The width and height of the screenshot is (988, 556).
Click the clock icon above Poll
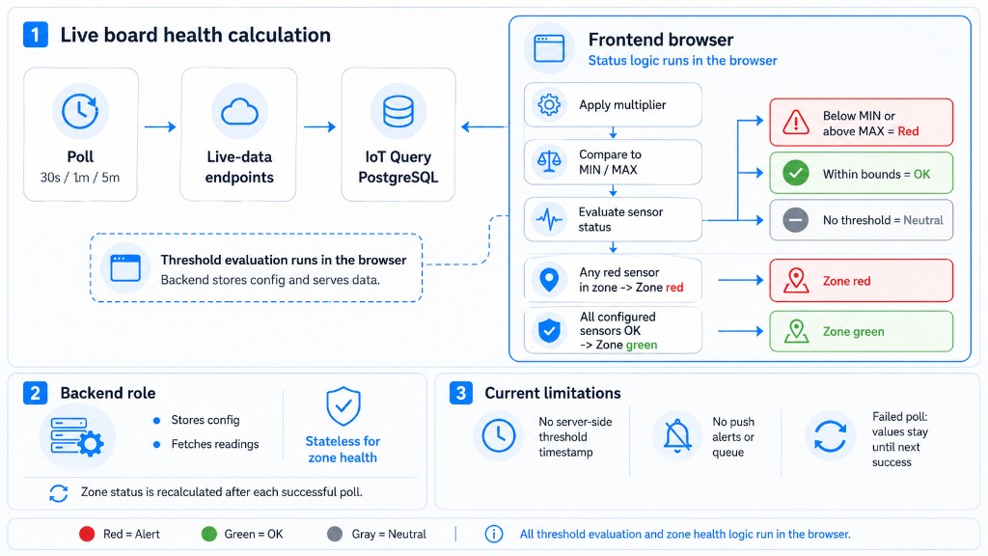[80, 112]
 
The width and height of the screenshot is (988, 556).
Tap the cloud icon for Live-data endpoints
[239, 112]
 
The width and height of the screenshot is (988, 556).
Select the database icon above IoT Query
[398, 112]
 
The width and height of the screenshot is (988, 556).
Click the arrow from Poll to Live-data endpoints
[160, 126]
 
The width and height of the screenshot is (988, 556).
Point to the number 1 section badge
[36, 35]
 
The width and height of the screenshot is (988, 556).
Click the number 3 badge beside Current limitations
[460, 393]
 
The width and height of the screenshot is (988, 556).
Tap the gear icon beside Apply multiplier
[549, 104]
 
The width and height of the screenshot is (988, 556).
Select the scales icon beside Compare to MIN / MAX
[549, 162]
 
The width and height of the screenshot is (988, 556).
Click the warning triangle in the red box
[796, 123]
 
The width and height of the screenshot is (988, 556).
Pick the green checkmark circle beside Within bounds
[796, 173]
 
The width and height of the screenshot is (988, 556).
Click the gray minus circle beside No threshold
[796, 220]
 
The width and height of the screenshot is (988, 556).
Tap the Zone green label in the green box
[853, 332]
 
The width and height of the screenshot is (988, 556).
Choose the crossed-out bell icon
[677, 435]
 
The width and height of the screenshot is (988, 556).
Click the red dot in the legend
[87, 534]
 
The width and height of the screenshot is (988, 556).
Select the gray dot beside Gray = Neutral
[335, 534]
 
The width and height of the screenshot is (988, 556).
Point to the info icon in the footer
[493, 534]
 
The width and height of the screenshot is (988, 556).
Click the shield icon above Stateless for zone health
[343, 406]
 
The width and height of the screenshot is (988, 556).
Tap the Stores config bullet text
[206, 420]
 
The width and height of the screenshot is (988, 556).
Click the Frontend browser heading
[661, 40]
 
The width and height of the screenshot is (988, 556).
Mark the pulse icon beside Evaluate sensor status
[549, 219]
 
